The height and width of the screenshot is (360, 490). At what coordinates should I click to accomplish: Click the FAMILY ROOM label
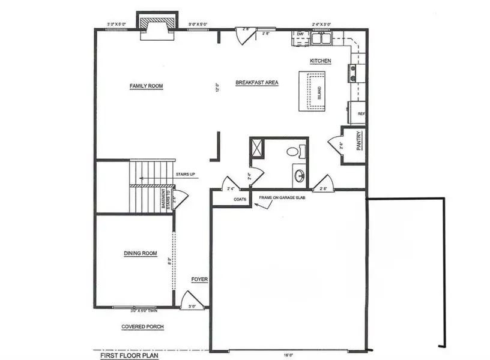[147, 86]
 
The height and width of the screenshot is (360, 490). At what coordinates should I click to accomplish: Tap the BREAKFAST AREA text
[256, 82]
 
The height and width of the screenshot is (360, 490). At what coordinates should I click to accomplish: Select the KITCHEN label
[320, 61]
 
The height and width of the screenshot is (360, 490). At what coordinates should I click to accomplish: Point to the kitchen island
[312, 91]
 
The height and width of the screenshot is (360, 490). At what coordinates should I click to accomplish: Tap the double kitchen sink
[321, 38]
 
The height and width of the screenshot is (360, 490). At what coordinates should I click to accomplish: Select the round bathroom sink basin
[298, 176]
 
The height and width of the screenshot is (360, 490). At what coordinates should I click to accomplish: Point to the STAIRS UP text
[186, 175]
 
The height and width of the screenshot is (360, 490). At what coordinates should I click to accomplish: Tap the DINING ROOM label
[140, 253]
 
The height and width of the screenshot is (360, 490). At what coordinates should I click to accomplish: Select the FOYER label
[199, 280]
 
